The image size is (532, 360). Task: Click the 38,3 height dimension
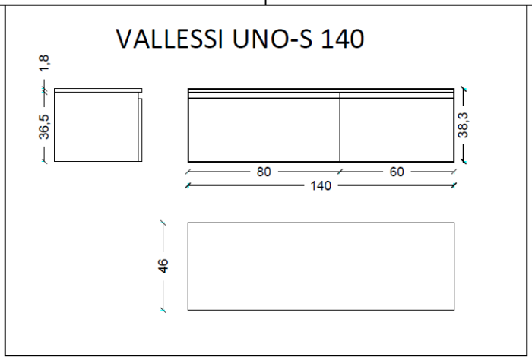pyautogui.click(x=463, y=125)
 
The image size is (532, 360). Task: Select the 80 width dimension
pyautogui.click(x=264, y=172)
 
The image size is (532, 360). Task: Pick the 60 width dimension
pyautogui.click(x=397, y=172)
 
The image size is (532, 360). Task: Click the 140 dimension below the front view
pyautogui.click(x=321, y=185)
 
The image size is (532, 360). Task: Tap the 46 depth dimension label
pyautogui.click(x=163, y=266)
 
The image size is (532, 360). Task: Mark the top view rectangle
pyautogui.click(x=321, y=266)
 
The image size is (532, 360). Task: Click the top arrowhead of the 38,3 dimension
pyautogui.click(x=463, y=90)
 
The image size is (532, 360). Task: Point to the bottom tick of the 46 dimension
pyautogui.click(x=163, y=310)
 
